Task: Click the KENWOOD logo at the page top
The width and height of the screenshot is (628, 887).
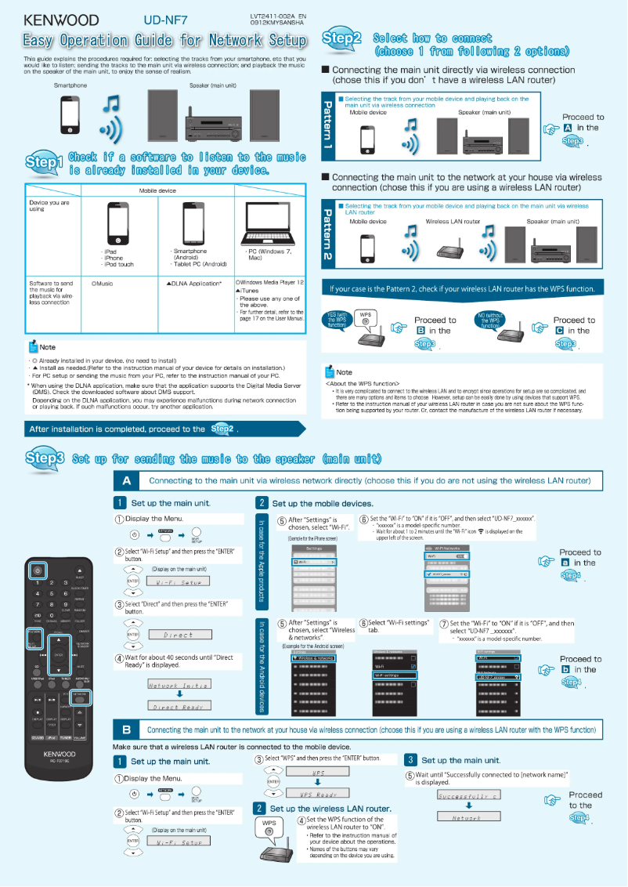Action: click(x=60, y=20)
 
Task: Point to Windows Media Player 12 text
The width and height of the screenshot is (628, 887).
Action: click(x=270, y=282)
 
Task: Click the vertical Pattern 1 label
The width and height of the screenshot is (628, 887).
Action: click(x=327, y=125)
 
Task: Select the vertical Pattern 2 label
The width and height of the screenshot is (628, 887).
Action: click(x=327, y=233)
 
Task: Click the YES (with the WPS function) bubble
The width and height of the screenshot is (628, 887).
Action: click(x=337, y=320)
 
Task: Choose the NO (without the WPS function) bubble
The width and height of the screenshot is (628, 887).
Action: click(x=489, y=320)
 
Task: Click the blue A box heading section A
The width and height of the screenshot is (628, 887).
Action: click(x=126, y=480)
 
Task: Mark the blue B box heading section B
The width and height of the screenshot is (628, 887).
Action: click(x=126, y=730)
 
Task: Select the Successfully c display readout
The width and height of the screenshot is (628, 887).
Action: click(x=467, y=794)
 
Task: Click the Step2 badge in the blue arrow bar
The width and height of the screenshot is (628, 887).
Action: click(x=222, y=429)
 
